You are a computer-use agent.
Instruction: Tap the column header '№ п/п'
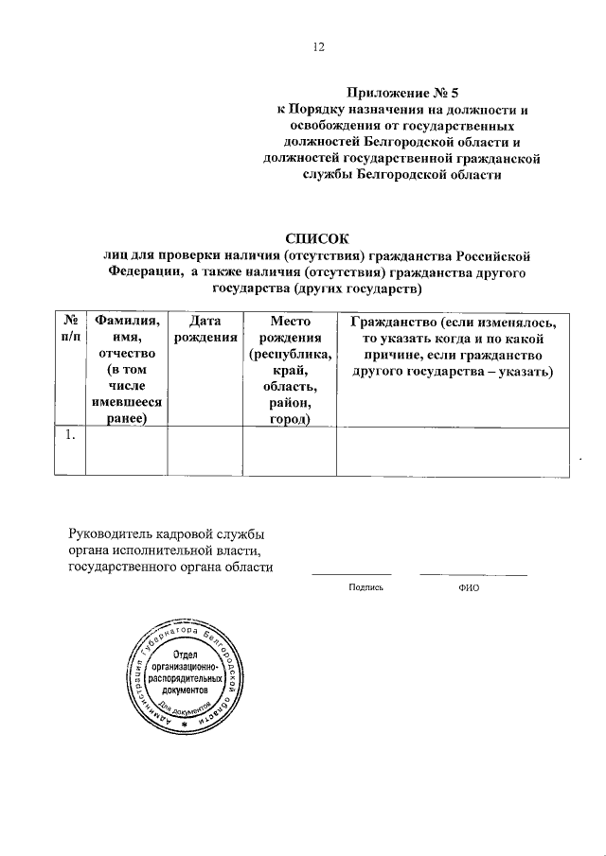tap(69, 330)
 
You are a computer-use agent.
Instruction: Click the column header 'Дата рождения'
tap(205, 330)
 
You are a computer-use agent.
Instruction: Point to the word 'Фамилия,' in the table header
tap(126, 322)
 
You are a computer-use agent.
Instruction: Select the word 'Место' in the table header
tap(289, 322)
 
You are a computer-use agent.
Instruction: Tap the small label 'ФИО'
tap(468, 586)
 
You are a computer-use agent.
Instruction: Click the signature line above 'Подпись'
tap(351, 573)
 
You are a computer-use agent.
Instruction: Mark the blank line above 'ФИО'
tap(473, 573)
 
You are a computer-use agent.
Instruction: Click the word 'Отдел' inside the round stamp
tap(186, 657)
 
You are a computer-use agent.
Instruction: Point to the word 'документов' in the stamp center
tap(186, 690)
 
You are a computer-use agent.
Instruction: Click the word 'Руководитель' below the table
tap(112, 534)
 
